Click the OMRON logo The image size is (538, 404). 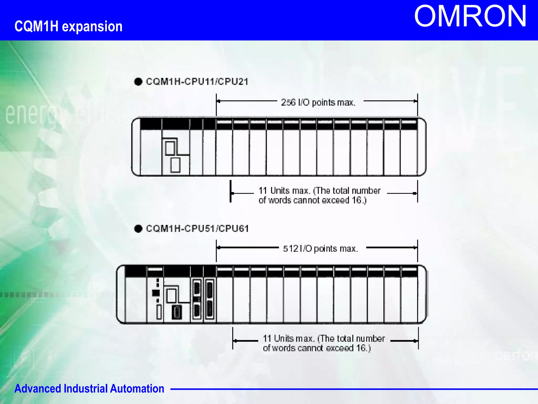pos(470,16)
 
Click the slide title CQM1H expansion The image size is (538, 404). pos(68,27)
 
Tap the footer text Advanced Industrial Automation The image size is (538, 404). pos(89,388)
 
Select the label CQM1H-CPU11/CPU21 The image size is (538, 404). pos(197,82)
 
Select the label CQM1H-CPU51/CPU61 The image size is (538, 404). pos(197,228)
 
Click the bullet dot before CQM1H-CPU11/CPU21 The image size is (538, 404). pos(138,82)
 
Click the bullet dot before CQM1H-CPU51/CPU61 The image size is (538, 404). pos(138,229)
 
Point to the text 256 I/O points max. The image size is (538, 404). pos(318,102)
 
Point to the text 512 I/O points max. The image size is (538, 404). pos(320,248)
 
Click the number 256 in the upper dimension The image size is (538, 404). pos(288,102)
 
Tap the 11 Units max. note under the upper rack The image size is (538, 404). pos(319,195)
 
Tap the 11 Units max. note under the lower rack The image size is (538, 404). pos(324,343)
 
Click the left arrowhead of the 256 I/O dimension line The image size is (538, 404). pos(218,101)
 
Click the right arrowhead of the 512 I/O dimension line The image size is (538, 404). pos(415,248)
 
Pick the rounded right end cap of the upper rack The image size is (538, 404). pos(421,147)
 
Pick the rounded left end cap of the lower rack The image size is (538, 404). pos(121,294)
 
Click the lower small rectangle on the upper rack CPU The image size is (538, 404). pos(175,165)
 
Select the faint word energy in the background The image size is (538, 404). pos(34,114)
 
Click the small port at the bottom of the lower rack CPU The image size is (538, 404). pos(177,312)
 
